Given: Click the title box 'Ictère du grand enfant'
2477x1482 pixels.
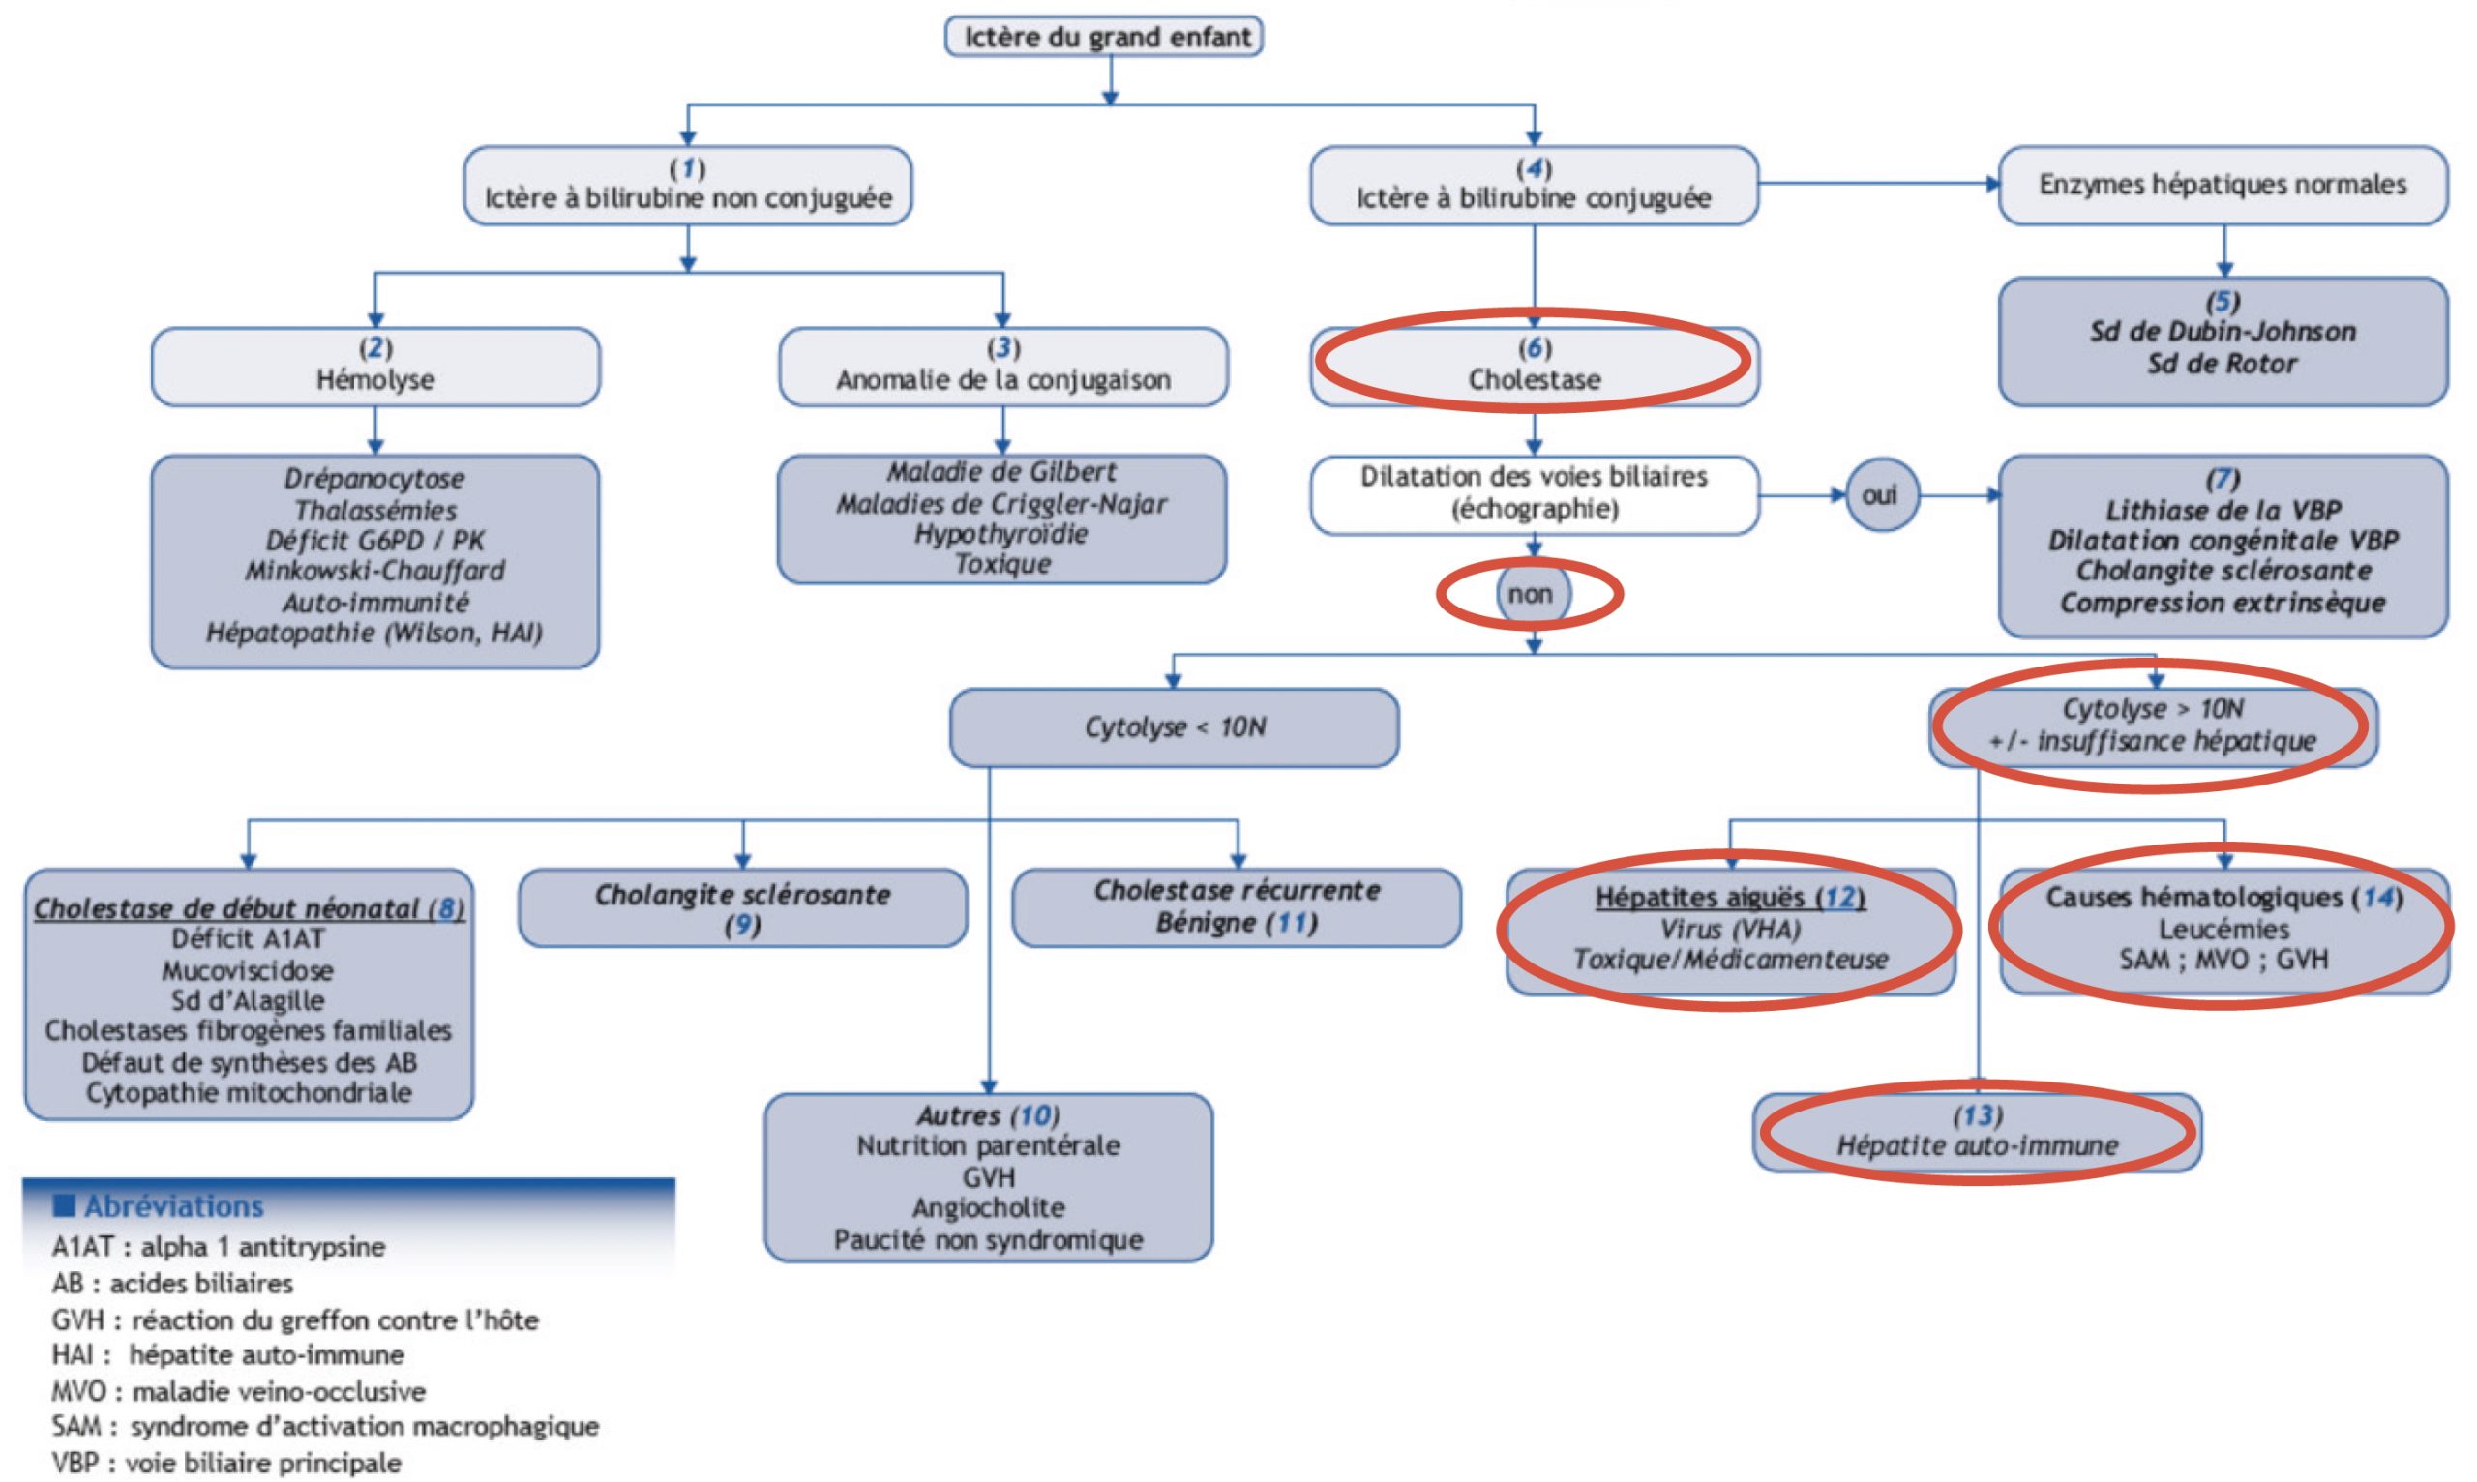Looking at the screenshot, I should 1104,37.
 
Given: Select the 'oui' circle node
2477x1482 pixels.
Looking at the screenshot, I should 1880,495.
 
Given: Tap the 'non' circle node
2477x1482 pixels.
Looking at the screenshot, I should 1530,594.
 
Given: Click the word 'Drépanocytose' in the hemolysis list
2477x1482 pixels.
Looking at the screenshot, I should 374,478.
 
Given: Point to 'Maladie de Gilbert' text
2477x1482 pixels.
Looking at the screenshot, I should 1001,471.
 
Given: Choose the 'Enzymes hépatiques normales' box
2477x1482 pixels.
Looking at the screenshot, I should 2223,185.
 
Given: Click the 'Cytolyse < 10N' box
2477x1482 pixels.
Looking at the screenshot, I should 1174,727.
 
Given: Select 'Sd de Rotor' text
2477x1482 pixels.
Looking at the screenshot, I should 2223,364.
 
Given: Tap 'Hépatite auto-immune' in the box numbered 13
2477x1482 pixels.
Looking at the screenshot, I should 1977,1145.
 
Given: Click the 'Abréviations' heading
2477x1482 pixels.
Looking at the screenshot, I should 174,1206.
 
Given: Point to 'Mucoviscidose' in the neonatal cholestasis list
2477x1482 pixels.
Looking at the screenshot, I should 248,969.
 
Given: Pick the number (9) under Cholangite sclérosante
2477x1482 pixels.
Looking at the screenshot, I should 742,926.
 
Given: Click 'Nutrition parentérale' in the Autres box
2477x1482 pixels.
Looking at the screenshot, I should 988,1145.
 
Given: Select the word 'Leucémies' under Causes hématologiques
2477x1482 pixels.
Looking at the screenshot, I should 2223,929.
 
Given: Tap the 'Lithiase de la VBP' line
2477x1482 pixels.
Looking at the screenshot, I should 2223,511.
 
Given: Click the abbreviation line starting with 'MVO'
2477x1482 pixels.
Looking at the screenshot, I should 239,1391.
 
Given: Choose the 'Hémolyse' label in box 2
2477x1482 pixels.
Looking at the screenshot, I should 375,379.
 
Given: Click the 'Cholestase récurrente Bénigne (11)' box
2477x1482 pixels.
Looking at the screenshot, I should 1237,906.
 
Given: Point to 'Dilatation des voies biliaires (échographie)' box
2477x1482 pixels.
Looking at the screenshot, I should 1535,493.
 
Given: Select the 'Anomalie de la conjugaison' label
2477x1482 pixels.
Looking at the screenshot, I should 1002,379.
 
